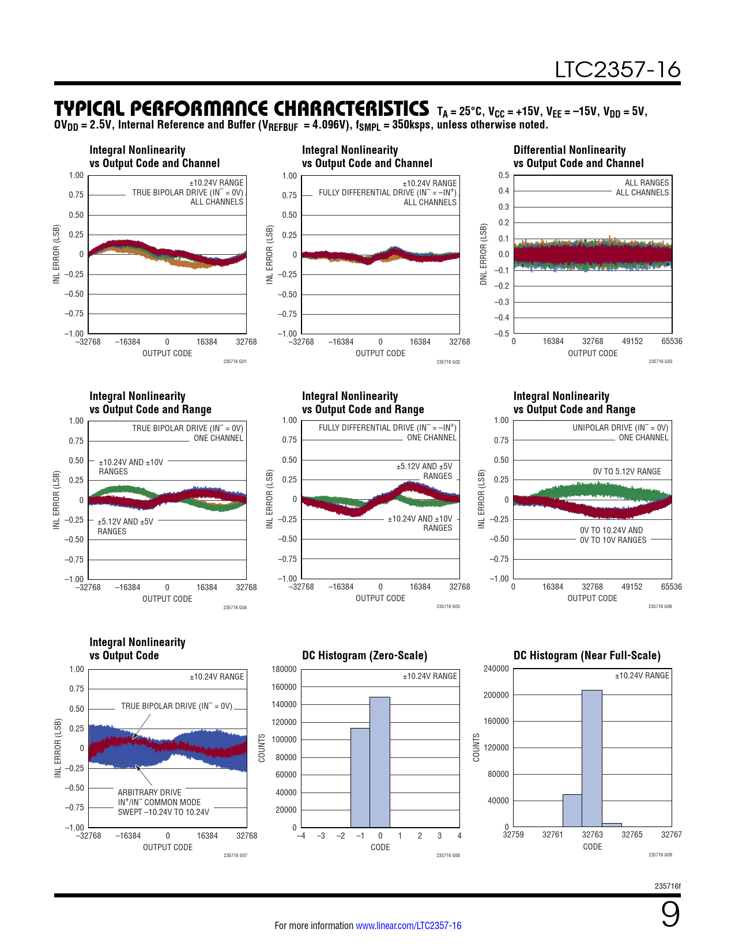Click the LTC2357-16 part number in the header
617,70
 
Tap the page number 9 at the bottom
670,915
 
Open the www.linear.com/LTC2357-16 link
408,926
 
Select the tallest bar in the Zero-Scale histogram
380,762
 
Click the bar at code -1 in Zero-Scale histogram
360,778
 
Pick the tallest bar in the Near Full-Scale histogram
592,758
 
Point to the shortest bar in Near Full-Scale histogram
612,825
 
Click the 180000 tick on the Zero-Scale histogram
284,669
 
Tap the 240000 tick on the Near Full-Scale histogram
496,669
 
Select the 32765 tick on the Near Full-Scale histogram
632,835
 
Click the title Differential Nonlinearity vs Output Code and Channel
578,157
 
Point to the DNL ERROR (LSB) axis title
484,254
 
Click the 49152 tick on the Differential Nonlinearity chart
632,341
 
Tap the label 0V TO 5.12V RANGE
627,471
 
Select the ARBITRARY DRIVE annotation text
149,793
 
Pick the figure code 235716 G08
448,855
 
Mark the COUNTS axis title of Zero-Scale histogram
262,748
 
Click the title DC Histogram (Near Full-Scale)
587,655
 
